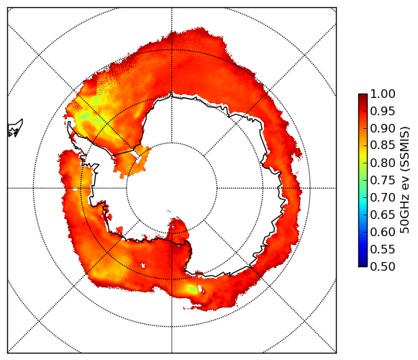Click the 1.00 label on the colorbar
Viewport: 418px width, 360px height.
coord(383,94)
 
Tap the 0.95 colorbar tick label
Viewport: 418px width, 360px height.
coord(383,112)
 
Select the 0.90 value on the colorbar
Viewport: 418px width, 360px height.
coord(383,128)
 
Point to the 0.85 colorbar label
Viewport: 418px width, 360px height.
coord(383,145)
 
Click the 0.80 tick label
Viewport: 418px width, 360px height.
coord(383,163)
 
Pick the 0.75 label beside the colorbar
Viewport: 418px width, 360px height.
coord(383,180)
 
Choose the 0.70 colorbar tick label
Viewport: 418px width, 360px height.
coord(383,197)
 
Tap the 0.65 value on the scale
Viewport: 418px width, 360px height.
coord(383,215)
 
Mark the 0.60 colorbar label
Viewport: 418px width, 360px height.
coord(383,232)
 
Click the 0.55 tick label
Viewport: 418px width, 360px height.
coord(383,249)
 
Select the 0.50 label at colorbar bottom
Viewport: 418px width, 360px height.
coord(383,266)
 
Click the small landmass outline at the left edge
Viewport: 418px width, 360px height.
coord(15,128)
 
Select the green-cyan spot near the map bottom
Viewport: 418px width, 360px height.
coord(191,288)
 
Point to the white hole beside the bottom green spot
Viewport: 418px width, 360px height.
coord(200,288)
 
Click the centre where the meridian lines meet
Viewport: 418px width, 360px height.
coord(172,188)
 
